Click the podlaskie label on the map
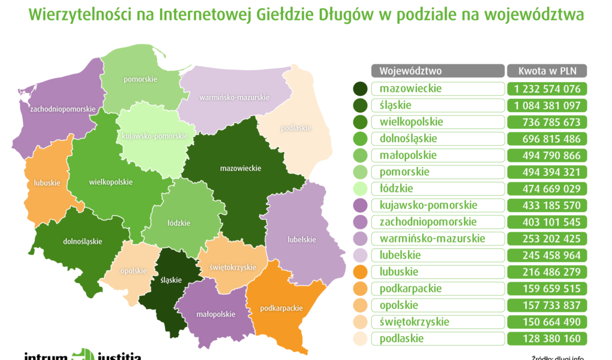(297, 128)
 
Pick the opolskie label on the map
(133, 271)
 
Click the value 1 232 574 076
(547, 89)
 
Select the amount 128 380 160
(547, 338)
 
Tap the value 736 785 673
(547, 122)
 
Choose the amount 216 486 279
(547, 272)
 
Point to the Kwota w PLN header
(547, 71)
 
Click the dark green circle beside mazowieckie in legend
(361, 89)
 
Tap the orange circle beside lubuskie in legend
(361, 272)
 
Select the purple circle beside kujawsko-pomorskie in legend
(361, 205)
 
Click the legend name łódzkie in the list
(397, 188)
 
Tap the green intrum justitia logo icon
(83, 355)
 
